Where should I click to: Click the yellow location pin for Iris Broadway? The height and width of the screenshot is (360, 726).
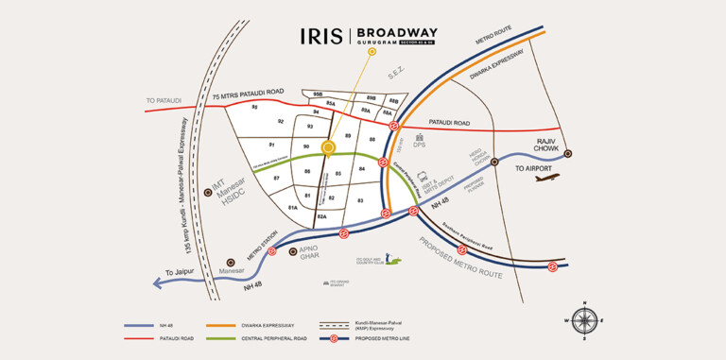click(328, 147)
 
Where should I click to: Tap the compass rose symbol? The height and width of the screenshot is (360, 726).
click(585, 320)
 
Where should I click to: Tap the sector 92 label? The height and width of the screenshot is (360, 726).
click(281, 122)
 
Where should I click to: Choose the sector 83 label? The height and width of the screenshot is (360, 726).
click(360, 200)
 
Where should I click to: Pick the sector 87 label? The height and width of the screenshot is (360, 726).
click(277, 178)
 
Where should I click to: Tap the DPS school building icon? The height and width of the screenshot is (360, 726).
click(419, 137)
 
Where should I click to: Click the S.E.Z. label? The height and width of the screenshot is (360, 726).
click(398, 73)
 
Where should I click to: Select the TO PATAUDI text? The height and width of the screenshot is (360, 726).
click(164, 100)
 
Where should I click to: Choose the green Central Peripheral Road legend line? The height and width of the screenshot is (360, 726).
click(249, 336)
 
